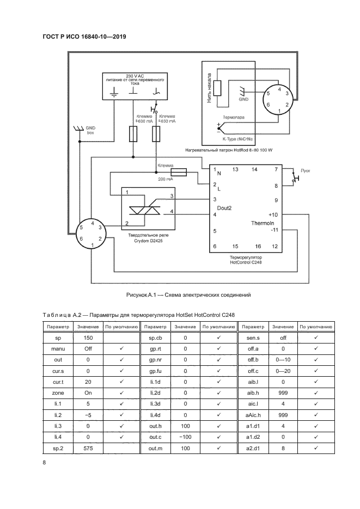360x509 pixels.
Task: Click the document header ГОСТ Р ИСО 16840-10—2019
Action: click(x=84, y=36)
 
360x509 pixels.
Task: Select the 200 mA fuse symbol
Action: click(x=178, y=171)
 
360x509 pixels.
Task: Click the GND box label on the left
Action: click(x=90, y=130)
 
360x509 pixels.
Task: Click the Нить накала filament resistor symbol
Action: click(x=217, y=89)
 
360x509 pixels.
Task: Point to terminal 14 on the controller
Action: click(x=254, y=170)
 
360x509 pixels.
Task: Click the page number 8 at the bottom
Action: click(x=44, y=463)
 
